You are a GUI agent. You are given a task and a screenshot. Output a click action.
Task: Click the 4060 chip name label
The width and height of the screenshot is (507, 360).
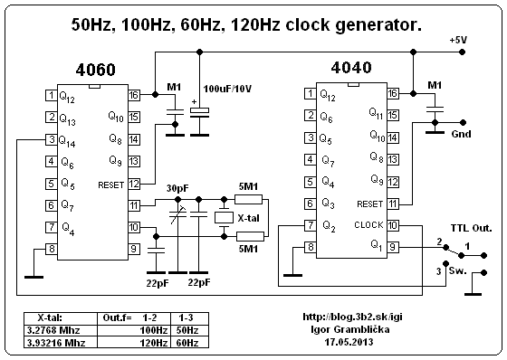tap(95, 70)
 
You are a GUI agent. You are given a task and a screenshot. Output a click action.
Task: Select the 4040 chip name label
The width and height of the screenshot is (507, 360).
tap(351, 68)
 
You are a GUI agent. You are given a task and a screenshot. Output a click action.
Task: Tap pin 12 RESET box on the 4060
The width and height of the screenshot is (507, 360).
tap(134, 185)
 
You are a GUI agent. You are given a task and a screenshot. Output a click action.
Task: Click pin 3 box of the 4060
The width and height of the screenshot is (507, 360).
tap(51, 139)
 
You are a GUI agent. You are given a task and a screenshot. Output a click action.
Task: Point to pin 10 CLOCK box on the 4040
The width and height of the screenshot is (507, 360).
tap(393, 225)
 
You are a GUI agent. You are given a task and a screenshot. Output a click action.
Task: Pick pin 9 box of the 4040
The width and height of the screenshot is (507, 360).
tap(393, 248)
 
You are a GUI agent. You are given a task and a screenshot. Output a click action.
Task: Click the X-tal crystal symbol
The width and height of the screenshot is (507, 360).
tap(224, 217)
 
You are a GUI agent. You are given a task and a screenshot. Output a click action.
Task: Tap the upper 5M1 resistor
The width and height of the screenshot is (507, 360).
tap(248, 199)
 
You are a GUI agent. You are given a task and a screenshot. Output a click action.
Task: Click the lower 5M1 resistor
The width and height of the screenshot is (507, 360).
tap(250, 237)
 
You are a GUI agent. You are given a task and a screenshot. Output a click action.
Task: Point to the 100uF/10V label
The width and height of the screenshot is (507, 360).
tap(227, 89)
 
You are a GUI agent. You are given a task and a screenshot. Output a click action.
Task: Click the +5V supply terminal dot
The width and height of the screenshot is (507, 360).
tap(463, 52)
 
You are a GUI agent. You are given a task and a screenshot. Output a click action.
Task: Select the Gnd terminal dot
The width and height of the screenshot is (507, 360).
tap(463, 122)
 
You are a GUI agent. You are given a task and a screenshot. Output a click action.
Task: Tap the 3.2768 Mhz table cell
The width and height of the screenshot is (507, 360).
tap(61, 330)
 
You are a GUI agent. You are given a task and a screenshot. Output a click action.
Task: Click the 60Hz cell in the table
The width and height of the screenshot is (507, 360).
tap(189, 343)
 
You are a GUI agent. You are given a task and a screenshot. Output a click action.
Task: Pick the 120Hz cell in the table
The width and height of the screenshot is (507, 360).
tap(134, 343)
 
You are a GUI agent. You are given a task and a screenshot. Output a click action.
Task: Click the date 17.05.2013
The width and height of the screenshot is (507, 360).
tap(349, 342)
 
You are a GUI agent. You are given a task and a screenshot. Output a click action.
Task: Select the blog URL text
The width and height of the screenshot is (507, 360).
tap(353, 317)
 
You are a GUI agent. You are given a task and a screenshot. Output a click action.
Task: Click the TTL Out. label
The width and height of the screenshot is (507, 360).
tap(472, 228)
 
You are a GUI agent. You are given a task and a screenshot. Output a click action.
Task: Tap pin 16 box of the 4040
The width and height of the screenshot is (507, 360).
tap(393, 93)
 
